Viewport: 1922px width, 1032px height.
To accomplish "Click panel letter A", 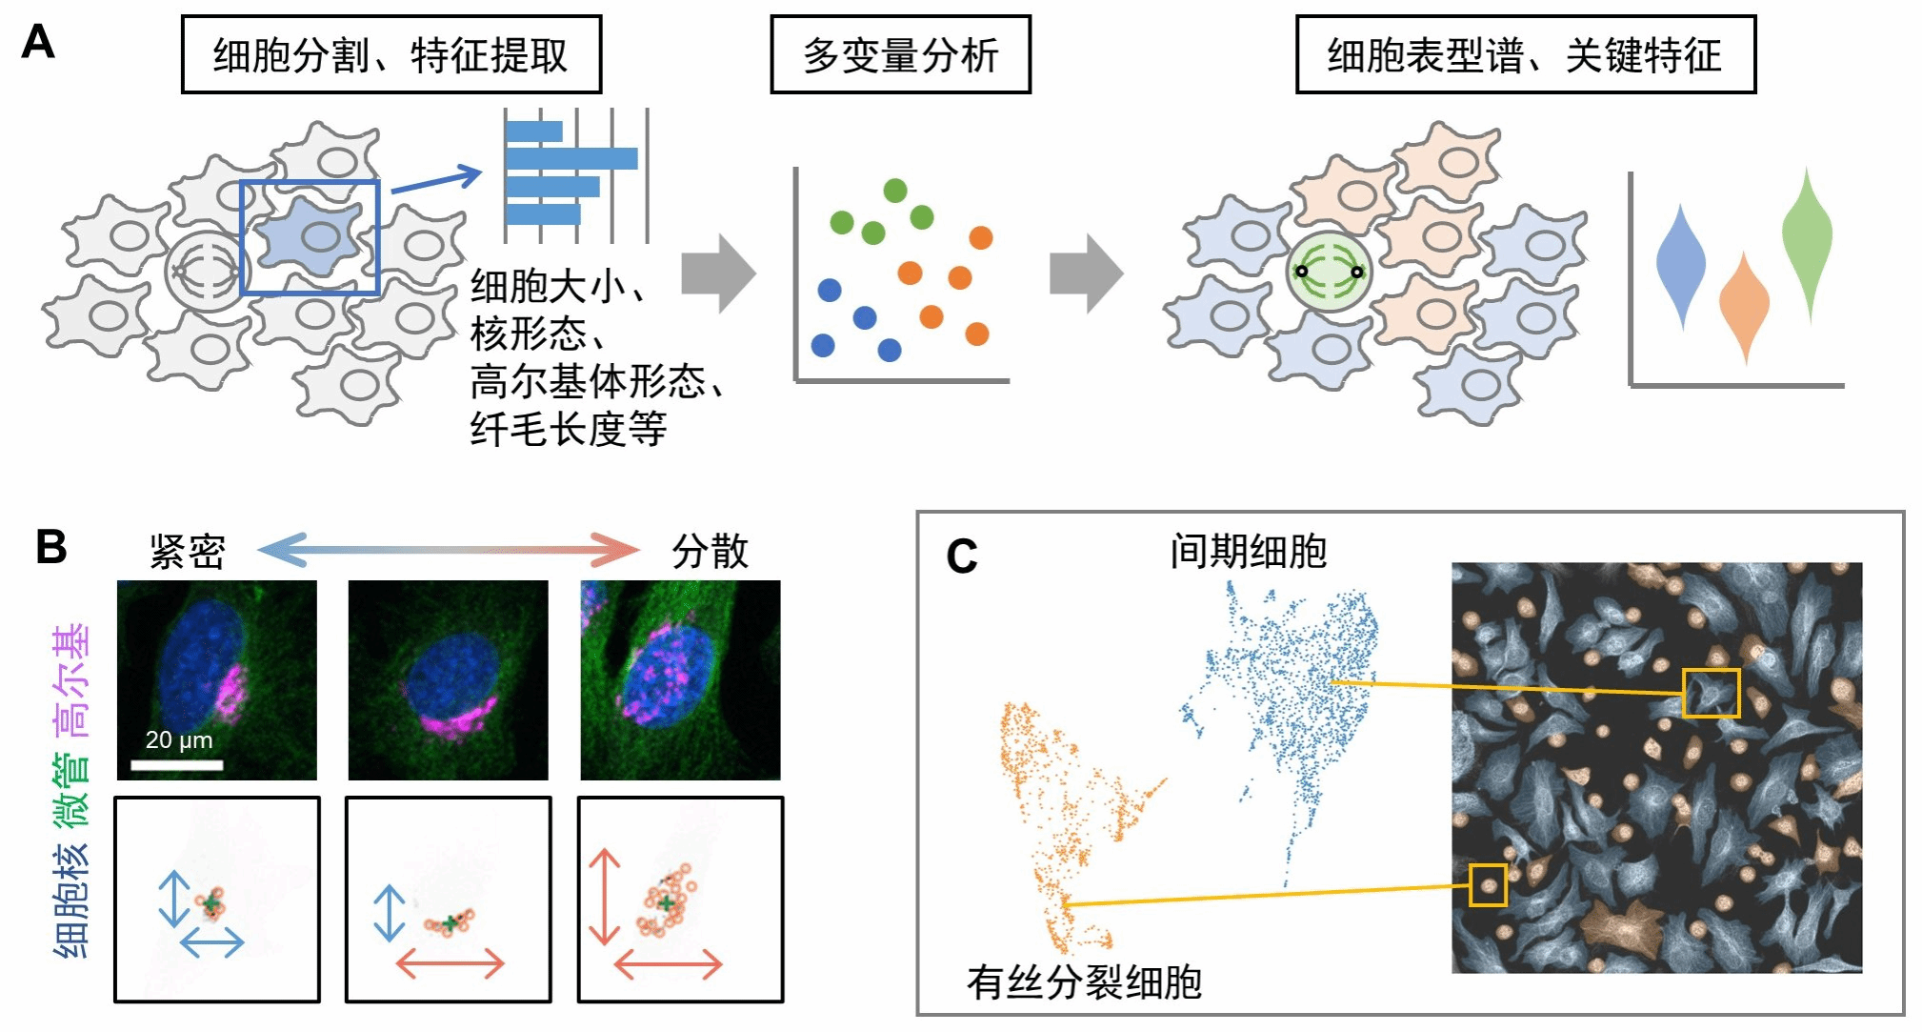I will click(x=38, y=43).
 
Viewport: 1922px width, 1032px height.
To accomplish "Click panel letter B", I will click(x=51, y=547).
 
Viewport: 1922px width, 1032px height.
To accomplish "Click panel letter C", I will click(x=962, y=556).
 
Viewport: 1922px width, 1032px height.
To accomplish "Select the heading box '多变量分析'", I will click(x=900, y=55).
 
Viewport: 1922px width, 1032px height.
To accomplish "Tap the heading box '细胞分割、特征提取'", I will click(x=390, y=55).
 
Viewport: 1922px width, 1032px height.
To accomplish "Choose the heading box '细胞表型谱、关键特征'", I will click(x=1525, y=55).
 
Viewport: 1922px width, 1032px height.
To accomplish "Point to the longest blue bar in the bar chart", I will click(x=571, y=158).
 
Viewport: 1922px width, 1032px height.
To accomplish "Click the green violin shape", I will click(x=1807, y=238).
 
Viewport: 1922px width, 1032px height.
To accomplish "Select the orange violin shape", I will click(x=1744, y=305).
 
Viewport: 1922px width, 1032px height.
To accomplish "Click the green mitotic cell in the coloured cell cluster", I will click(x=1329, y=272).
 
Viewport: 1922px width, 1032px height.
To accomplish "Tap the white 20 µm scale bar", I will click(x=177, y=764).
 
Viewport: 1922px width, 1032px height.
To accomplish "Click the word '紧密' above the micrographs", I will click(x=188, y=552).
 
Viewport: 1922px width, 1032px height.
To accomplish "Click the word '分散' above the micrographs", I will click(x=710, y=552).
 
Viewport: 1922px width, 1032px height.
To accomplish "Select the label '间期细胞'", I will click(x=1248, y=552).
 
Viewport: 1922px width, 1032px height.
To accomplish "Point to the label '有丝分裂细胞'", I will click(x=1084, y=981).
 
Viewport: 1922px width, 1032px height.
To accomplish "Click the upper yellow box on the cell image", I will click(x=1711, y=693).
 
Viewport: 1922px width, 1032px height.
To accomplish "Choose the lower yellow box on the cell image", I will click(x=1488, y=885).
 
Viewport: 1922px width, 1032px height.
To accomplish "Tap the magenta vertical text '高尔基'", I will click(x=72, y=681).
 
